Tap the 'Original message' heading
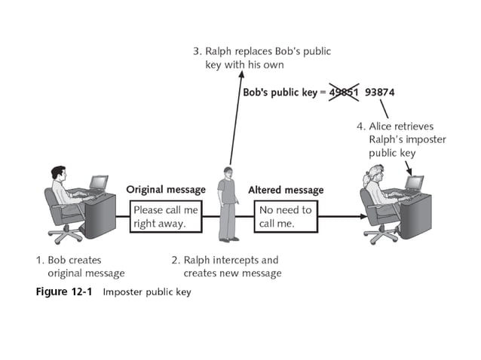(x=165, y=189)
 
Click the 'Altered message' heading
(x=286, y=190)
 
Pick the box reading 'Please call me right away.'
(x=166, y=217)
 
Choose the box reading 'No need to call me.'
(x=285, y=217)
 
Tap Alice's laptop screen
(x=415, y=183)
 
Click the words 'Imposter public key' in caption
(x=147, y=291)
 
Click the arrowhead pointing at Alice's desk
(x=364, y=217)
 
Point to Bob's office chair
(x=60, y=215)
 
